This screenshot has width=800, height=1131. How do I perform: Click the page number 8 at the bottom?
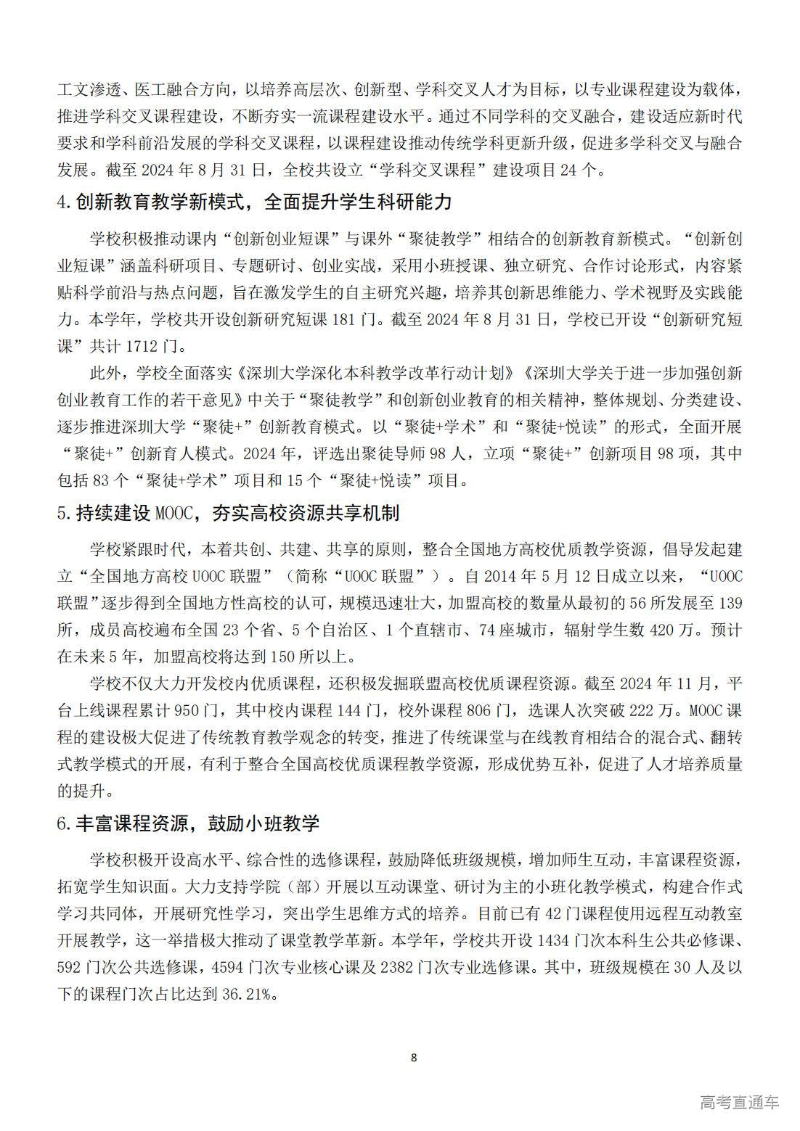point(414,1057)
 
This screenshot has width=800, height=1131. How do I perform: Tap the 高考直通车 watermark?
point(740,1102)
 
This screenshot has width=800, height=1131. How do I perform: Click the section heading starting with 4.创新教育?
point(254,202)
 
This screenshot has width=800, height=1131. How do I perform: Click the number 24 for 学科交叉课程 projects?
point(563,170)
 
